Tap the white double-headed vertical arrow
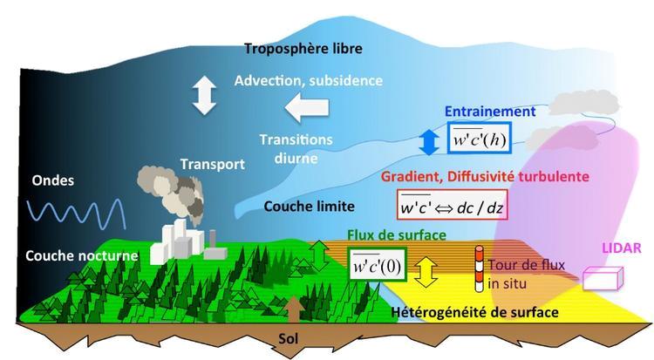click(203, 96)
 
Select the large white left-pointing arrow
click(308, 108)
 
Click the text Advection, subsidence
click(308, 80)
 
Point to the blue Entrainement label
click(490, 112)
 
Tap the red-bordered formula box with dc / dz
click(452, 208)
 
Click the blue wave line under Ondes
click(77, 212)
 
